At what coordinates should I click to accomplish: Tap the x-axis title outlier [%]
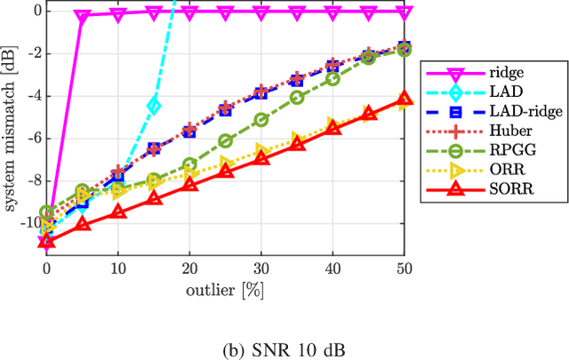pos(225,290)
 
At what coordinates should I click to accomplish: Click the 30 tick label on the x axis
pos(261,268)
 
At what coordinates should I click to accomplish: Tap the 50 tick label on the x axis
pos(404,268)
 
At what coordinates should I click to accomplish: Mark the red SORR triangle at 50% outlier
pos(404,99)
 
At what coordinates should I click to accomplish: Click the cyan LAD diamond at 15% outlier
pos(154,106)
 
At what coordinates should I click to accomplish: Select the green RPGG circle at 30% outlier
pos(261,119)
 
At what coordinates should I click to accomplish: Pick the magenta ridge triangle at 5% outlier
pos(83,16)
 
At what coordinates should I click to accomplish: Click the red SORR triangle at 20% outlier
pos(189,184)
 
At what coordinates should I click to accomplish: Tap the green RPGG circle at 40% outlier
pos(333,78)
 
